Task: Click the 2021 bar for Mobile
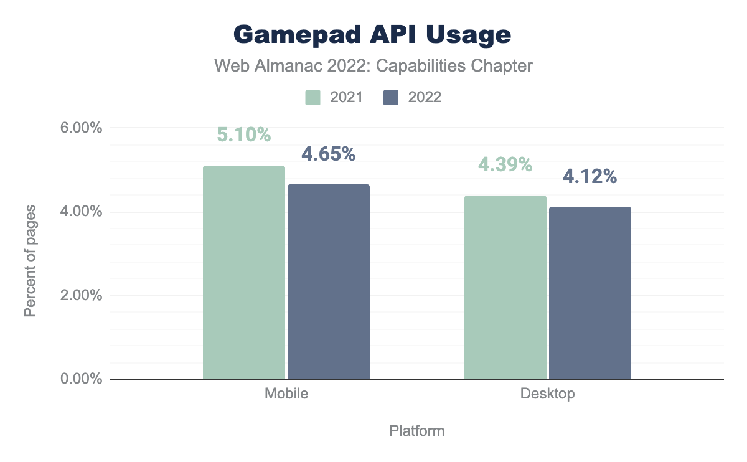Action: [x=244, y=272]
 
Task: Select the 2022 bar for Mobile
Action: [x=328, y=281]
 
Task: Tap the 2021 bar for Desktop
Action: [x=505, y=287]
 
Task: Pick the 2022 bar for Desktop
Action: [x=590, y=293]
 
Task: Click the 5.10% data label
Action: [x=244, y=134]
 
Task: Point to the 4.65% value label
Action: [x=328, y=154]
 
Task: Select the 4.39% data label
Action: [x=505, y=164]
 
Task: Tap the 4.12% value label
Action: [x=590, y=177]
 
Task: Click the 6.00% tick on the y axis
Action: [x=80, y=128]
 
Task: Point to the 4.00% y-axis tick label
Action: [x=80, y=212]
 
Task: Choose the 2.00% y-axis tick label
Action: [x=80, y=296]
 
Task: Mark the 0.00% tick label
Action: [x=80, y=379]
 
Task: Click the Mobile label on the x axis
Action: [x=286, y=394]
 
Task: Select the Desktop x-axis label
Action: [x=548, y=394]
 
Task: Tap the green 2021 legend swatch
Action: [x=312, y=98]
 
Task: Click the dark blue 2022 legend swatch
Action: [x=391, y=98]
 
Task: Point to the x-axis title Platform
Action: [x=416, y=431]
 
